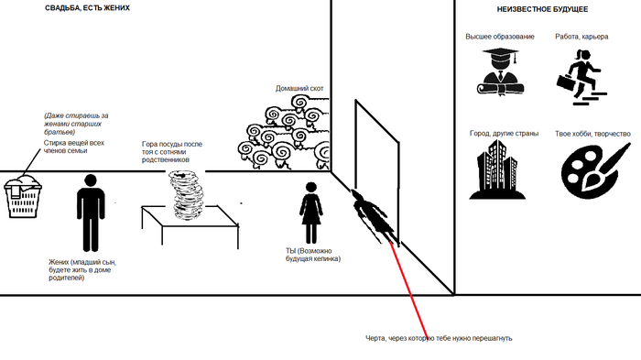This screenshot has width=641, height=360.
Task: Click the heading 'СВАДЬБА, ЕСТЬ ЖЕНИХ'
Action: [87, 7]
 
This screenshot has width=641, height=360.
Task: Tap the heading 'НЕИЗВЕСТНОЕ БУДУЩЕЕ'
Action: [542, 9]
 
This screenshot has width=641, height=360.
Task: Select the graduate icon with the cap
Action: [500, 71]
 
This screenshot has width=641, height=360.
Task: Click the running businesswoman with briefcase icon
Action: [581, 77]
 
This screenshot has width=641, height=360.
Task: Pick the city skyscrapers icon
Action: [497, 169]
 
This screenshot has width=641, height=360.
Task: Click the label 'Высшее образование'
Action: [500, 37]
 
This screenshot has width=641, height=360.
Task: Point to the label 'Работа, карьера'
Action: [581, 37]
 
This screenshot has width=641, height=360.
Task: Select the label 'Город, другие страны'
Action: [504, 134]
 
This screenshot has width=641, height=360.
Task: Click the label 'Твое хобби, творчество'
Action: [592, 134]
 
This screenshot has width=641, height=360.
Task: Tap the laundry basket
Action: [23, 197]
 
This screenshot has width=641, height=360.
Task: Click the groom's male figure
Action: [91, 213]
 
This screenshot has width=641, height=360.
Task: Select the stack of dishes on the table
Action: [187, 195]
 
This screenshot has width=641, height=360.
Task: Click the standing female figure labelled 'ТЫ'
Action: [311, 213]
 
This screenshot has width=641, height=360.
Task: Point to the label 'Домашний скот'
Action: [299, 88]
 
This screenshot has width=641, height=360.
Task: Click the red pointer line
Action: [408, 289]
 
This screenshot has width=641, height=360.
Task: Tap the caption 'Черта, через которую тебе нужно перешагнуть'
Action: [439, 338]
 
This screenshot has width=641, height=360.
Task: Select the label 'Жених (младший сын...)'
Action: [82, 270]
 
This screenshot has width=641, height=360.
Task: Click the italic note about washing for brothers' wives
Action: [76, 124]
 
